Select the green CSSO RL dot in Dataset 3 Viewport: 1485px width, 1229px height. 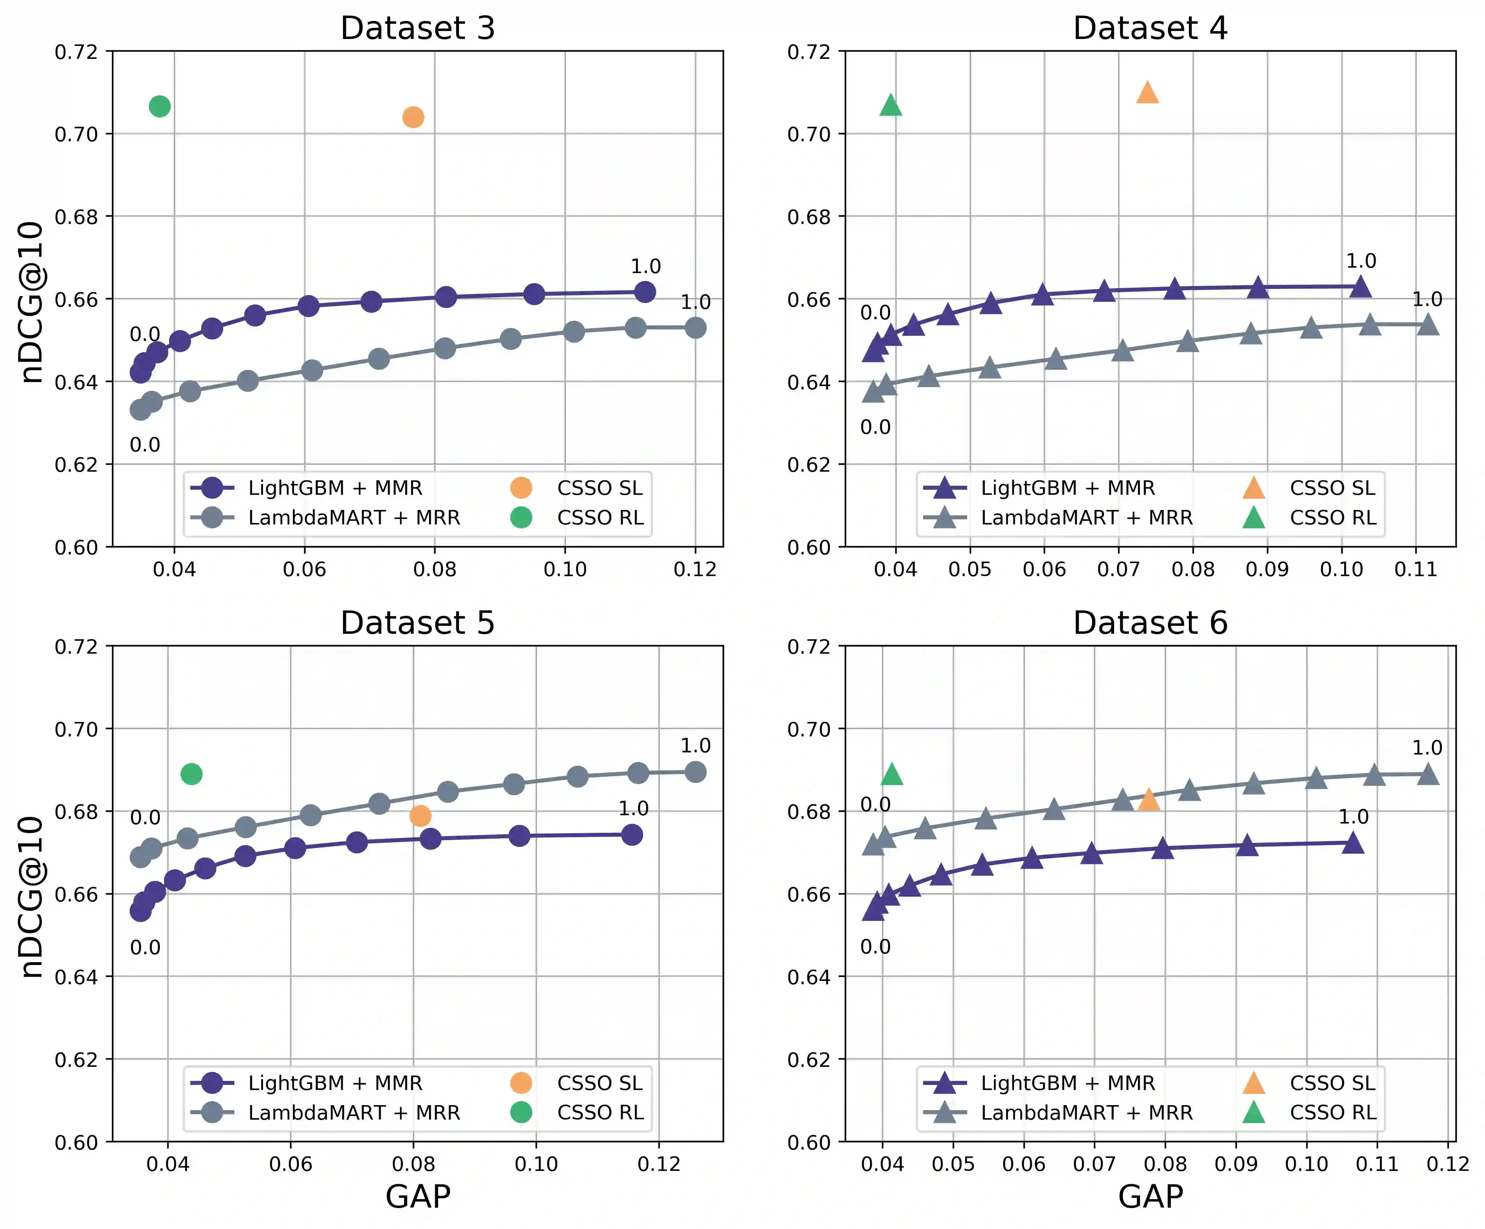(x=160, y=106)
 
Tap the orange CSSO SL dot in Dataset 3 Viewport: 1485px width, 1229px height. (x=413, y=117)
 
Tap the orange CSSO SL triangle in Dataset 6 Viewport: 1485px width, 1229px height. (x=1148, y=800)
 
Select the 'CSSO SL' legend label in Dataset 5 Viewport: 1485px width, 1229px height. (x=599, y=1083)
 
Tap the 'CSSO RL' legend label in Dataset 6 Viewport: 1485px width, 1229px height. (x=1333, y=1112)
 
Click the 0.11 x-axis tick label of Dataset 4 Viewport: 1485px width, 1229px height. (x=1416, y=569)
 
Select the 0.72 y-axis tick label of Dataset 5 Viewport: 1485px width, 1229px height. (x=76, y=646)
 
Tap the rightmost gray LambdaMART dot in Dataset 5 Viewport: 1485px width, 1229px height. (x=695, y=771)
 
